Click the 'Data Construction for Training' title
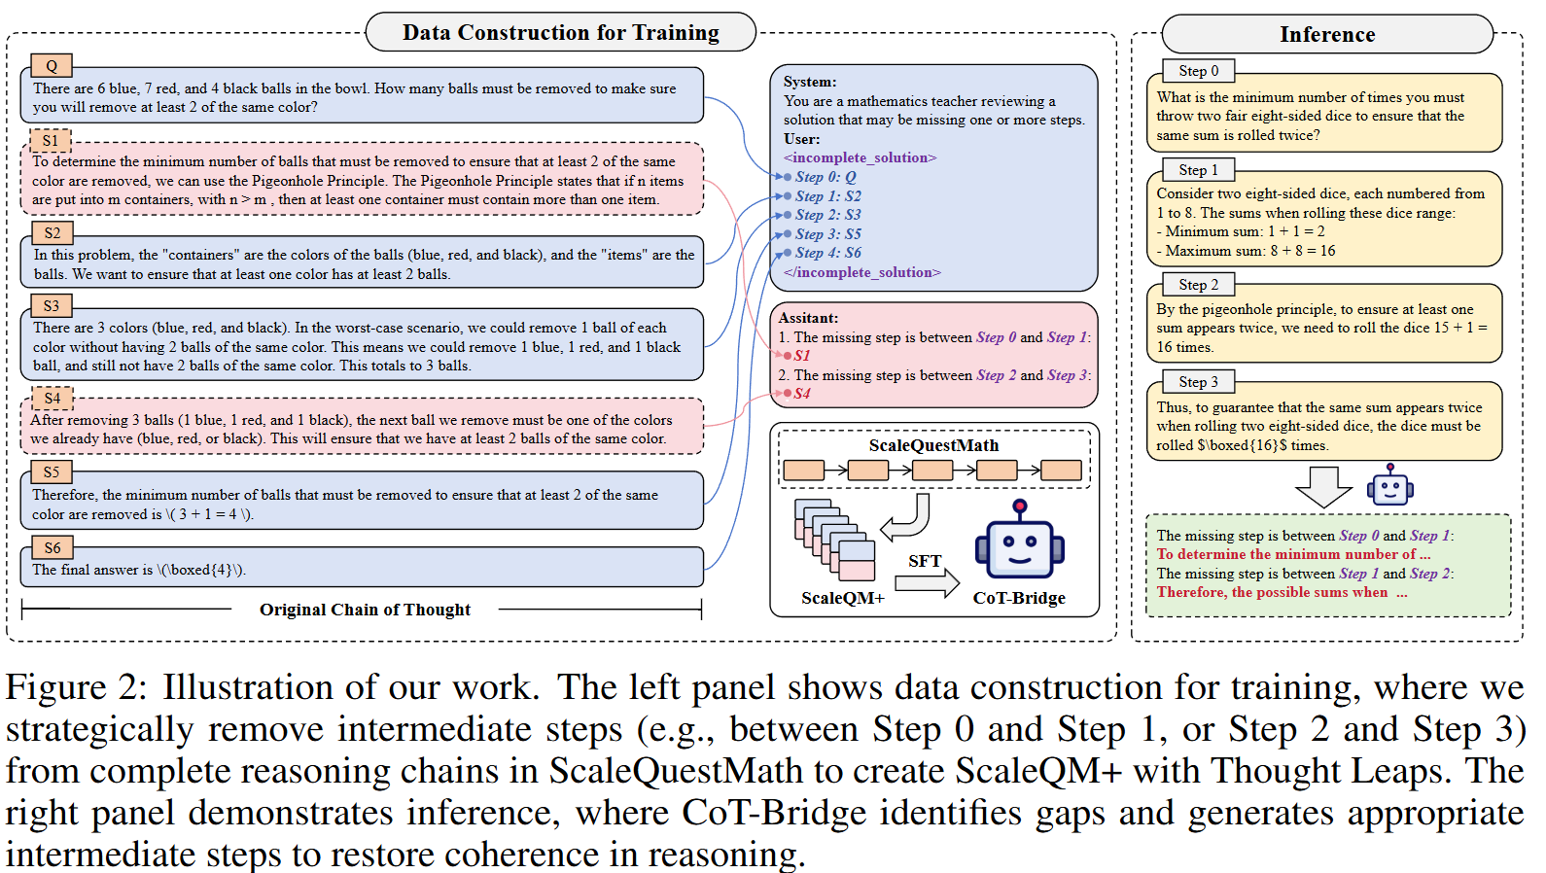tap(560, 32)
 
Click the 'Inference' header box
tap(1326, 35)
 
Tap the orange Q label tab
tap(52, 66)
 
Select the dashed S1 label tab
tap(51, 140)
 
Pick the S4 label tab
tap(53, 398)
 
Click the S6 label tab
tap(53, 547)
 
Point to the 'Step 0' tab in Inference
tap(1198, 71)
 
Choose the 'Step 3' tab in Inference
tap(1198, 382)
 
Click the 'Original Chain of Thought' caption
tap(365, 610)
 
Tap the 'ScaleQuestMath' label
tap(933, 445)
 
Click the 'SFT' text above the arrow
tap(925, 561)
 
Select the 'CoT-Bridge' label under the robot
tap(1019, 598)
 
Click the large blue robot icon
tap(1019, 544)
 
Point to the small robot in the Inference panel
tap(1389, 485)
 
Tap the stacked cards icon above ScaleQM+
tap(834, 541)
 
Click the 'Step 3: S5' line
tap(827, 234)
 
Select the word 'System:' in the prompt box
tap(810, 82)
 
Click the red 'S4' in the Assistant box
tap(801, 394)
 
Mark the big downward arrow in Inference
tap(1323, 486)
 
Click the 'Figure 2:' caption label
tap(76, 687)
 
